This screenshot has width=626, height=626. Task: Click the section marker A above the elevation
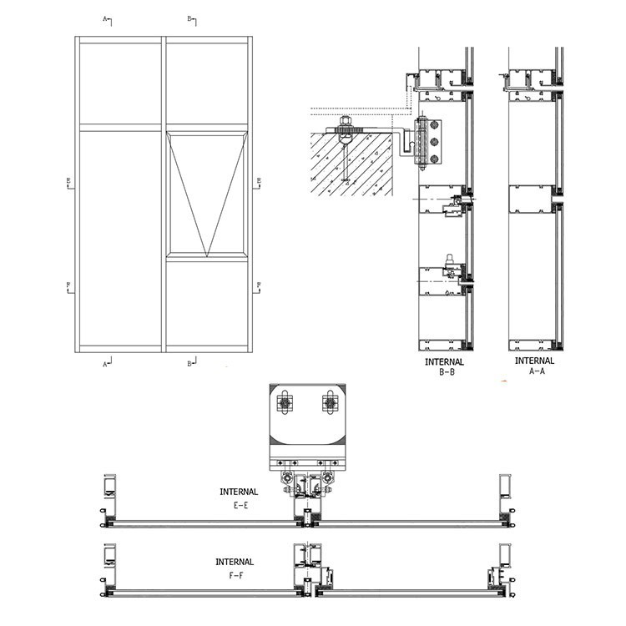point(106,18)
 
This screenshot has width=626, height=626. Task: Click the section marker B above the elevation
point(189,18)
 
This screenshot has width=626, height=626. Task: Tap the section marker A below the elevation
point(106,363)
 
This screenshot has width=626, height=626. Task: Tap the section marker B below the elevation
point(189,363)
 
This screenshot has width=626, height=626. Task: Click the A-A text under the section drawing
point(534,372)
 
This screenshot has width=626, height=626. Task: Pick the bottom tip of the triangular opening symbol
point(204,255)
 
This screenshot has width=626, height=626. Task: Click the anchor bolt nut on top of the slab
point(342,129)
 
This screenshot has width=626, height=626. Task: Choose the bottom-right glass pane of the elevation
point(204,305)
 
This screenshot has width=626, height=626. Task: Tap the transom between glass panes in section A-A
point(532,201)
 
